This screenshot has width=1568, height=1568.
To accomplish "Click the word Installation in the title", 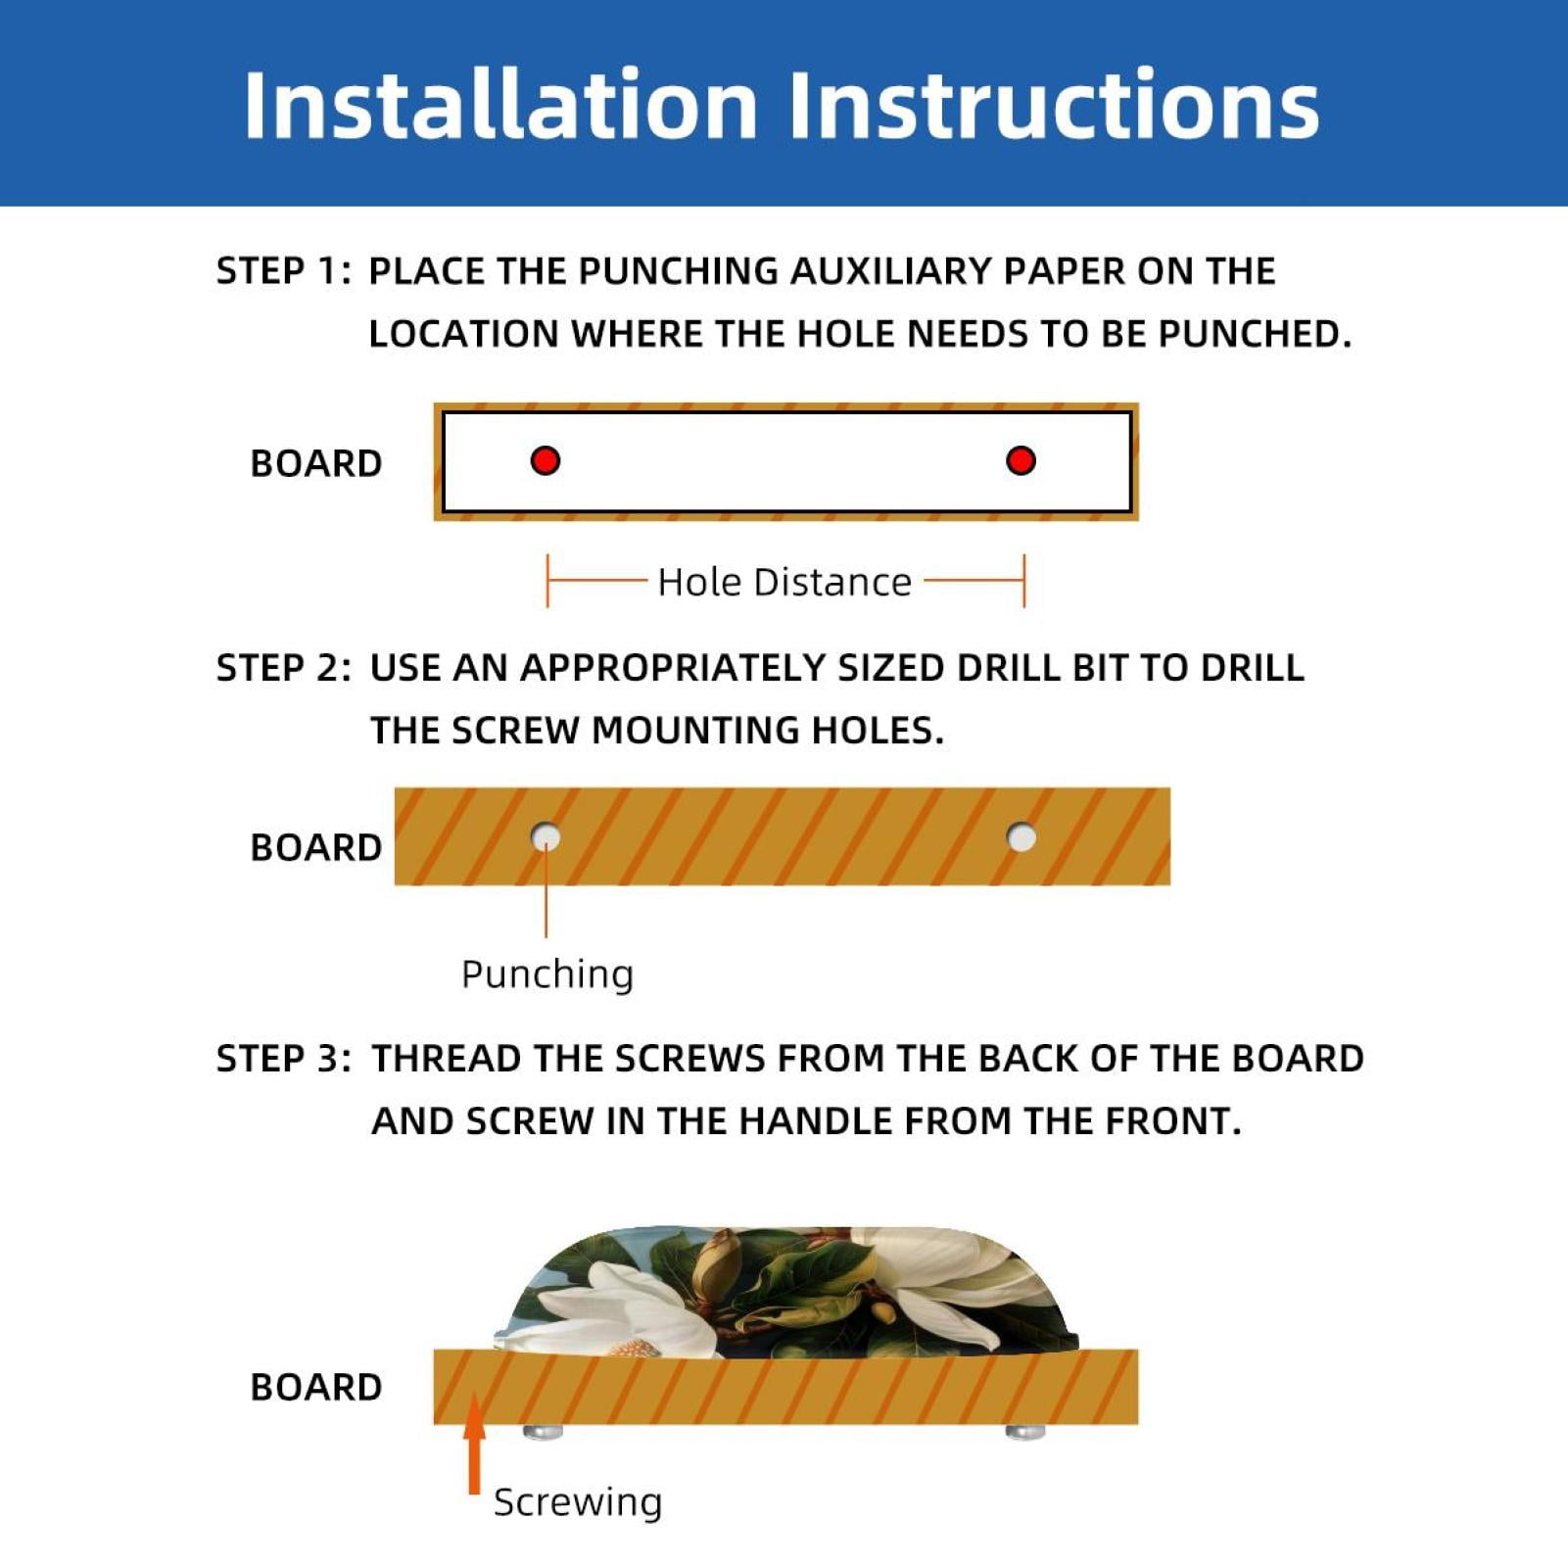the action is coord(500,105).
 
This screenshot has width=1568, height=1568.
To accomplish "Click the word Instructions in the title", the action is coord(1054,105).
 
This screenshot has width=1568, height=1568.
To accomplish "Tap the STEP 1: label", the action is coord(283,271).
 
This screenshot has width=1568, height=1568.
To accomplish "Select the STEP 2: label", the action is coord(283,668).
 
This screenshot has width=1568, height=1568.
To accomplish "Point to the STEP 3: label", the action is coord(283,1059).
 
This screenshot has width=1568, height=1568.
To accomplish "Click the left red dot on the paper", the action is coord(546,460).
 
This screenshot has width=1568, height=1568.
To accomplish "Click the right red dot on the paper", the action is coord(1021,460).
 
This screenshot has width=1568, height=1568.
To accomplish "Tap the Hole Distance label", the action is coord(784,582).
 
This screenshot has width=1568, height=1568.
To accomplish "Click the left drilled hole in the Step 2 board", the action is coord(546,837).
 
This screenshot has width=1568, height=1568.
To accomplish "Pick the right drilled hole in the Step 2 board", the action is coord(1022,837).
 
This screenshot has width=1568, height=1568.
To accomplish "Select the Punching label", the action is coord(547,974).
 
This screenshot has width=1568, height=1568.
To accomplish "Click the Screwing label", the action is coord(578,1501).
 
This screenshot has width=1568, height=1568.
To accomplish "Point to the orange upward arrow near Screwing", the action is coord(475,1444).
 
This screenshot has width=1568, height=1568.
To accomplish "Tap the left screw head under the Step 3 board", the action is coord(544,1432).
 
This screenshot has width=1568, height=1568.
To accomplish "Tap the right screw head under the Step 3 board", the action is coord(1025,1432).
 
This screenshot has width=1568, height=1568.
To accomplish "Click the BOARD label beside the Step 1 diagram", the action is coord(316,463).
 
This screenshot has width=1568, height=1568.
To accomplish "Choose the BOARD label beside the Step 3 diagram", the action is coord(316,1387).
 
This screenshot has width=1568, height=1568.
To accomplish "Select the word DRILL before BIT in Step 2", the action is coord(1008,668).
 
